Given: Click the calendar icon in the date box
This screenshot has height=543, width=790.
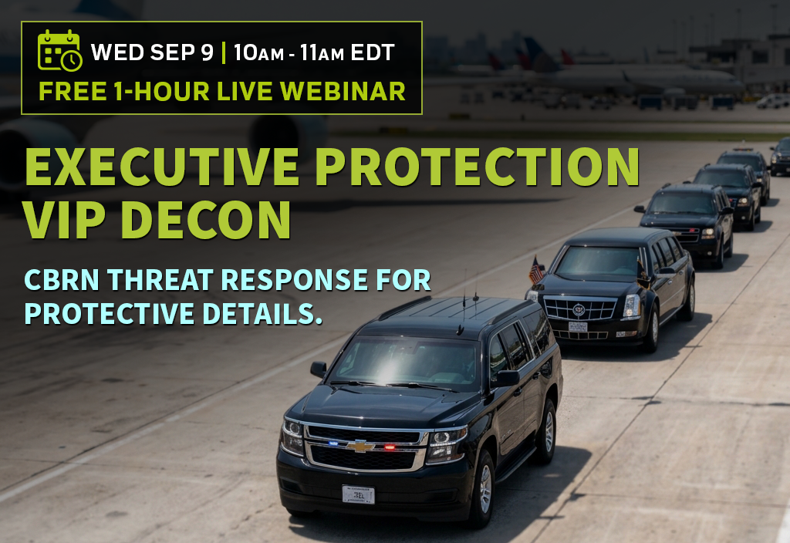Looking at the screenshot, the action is pyautogui.click(x=59, y=50).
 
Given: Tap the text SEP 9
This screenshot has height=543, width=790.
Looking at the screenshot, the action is pyautogui.click(x=182, y=52).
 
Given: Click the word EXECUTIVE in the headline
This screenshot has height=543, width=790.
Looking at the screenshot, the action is pyautogui.click(x=162, y=167).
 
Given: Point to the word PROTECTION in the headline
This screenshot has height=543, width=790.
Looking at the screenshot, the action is pyautogui.click(x=478, y=167).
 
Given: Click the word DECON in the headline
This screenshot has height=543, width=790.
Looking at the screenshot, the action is pyautogui.click(x=206, y=220).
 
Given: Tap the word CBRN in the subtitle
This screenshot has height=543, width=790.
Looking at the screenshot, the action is pyautogui.click(x=62, y=279).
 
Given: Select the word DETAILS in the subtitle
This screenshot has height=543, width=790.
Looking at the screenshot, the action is pyautogui.click(x=262, y=313).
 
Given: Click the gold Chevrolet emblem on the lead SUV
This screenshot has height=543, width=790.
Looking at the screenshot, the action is pyautogui.click(x=360, y=446).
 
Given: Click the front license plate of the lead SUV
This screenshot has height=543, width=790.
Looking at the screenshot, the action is pyautogui.click(x=358, y=494).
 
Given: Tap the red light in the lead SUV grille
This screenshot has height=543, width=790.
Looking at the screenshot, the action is pyautogui.click(x=390, y=447).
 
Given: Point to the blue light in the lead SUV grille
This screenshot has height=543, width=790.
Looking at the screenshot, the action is pyautogui.click(x=333, y=444).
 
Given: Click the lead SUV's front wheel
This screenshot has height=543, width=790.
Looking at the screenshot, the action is pyautogui.click(x=484, y=488).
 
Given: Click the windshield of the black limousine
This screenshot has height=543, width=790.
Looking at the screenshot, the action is pyautogui.click(x=598, y=263).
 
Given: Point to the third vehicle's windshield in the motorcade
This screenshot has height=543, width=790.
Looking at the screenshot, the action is pyautogui.click(x=680, y=203).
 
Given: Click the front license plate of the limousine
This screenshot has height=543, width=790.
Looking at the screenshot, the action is pyautogui.click(x=578, y=327).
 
